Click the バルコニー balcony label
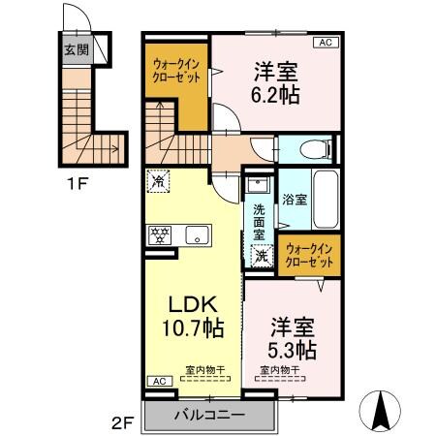coord(208,416)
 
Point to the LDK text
coord(194,301)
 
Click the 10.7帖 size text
coord(194,327)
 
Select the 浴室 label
coord(295,200)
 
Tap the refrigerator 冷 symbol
coord(159,180)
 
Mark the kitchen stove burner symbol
coord(160,234)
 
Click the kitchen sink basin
coord(197,234)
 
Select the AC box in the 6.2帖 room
coord(325,44)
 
